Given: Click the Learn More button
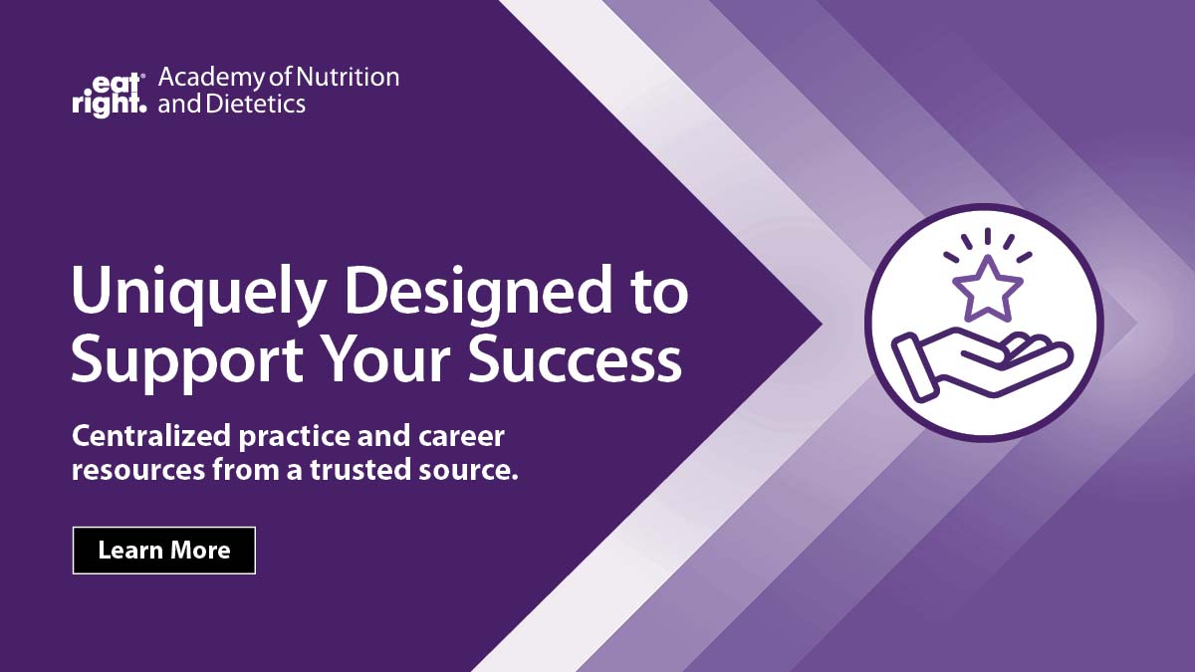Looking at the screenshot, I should tap(164, 551).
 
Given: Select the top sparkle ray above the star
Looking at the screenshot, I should tap(987, 236).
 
